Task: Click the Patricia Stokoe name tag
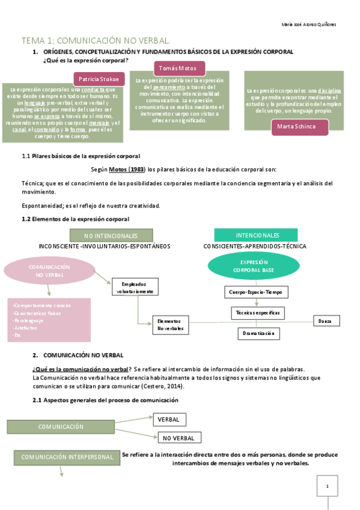pyautogui.click(x=99, y=79)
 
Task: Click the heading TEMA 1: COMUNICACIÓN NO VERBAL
pyautogui.click(x=96, y=40)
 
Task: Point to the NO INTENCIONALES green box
pyautogui.click(x=111, y=236)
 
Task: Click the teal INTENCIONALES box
pyautogui.click(x=257, y=235)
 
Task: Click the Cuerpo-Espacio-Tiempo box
pyautogui.click(x=255, y=292)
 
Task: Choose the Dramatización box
pyautogui.click(x=258, y=333)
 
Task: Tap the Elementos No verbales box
pyautogui.click(x=170, y=325)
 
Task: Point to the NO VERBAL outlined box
pyautogui.click(x=179, y=438)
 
